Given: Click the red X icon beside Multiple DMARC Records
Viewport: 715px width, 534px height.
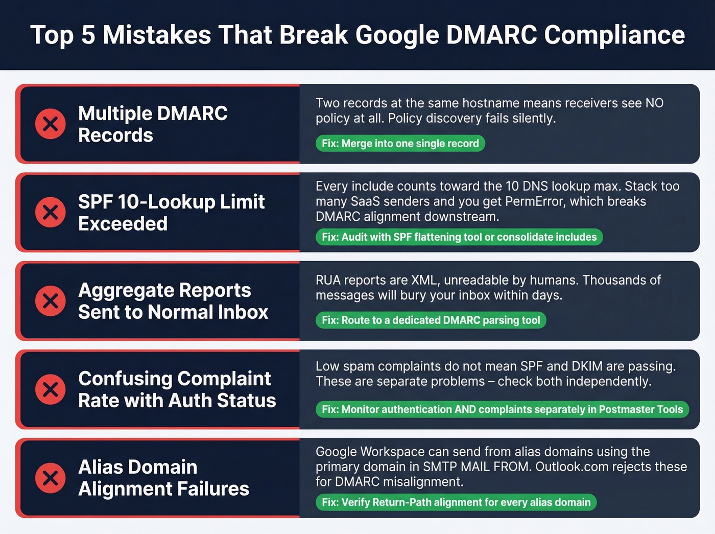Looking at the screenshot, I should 50,124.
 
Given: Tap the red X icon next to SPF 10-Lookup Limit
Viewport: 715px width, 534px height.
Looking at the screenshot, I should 50,212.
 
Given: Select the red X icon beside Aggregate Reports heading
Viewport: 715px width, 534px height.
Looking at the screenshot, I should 50,300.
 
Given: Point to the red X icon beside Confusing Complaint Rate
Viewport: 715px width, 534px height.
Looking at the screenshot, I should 50,389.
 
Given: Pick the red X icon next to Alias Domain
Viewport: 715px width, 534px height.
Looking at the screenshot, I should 50,478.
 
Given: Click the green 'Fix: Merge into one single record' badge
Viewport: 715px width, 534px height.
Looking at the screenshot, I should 400,144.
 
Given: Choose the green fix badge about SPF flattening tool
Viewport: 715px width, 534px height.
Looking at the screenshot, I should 459,237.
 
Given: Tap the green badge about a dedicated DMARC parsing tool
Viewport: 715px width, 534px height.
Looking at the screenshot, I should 431,320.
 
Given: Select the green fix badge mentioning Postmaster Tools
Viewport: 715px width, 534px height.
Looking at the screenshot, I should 502,409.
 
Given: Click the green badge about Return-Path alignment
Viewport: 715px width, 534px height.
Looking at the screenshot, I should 456,502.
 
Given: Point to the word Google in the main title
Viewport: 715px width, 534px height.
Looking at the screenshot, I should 397,35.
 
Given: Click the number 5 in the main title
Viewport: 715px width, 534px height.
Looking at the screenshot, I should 88,35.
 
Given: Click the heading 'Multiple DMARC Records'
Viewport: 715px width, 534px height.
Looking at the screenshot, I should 153,124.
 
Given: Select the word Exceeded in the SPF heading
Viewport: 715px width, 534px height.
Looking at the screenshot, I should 123,224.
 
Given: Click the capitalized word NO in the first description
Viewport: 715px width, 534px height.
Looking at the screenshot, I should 654,103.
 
